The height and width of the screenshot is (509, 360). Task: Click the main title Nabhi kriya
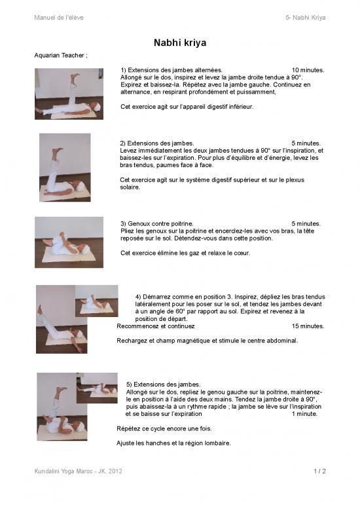click(x=180, y=43)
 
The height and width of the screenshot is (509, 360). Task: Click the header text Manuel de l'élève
click(x=59, y=17)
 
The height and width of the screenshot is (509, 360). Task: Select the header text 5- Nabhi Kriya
click(x=306, y=17)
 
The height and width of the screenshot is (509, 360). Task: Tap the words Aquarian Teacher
click(x=60, y=55)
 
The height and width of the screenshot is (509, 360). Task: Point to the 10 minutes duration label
click(x=308, y=69)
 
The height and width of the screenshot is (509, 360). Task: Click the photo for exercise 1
click(x=69, y=94)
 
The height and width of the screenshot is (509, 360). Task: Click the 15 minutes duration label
click(x=308, y=326)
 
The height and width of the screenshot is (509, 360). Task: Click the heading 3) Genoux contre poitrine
click(x=157, y=223)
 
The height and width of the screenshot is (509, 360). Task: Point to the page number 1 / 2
click(x=319, y=471)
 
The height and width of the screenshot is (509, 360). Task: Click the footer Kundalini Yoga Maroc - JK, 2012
click(x=78, y=471)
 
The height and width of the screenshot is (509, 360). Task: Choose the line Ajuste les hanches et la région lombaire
click(x=173, y=443)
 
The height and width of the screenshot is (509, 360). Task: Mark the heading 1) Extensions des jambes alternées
click(x=171, y=69)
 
